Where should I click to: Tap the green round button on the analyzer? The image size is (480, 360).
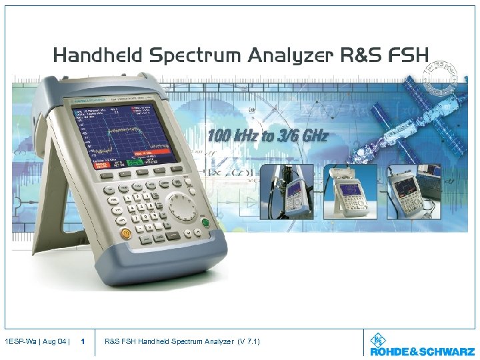click(206, 223)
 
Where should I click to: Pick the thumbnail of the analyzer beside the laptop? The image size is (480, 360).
click(411, 191)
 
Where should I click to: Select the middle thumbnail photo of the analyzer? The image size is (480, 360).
click(350, 191)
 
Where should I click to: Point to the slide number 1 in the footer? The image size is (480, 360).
click(82, 342)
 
